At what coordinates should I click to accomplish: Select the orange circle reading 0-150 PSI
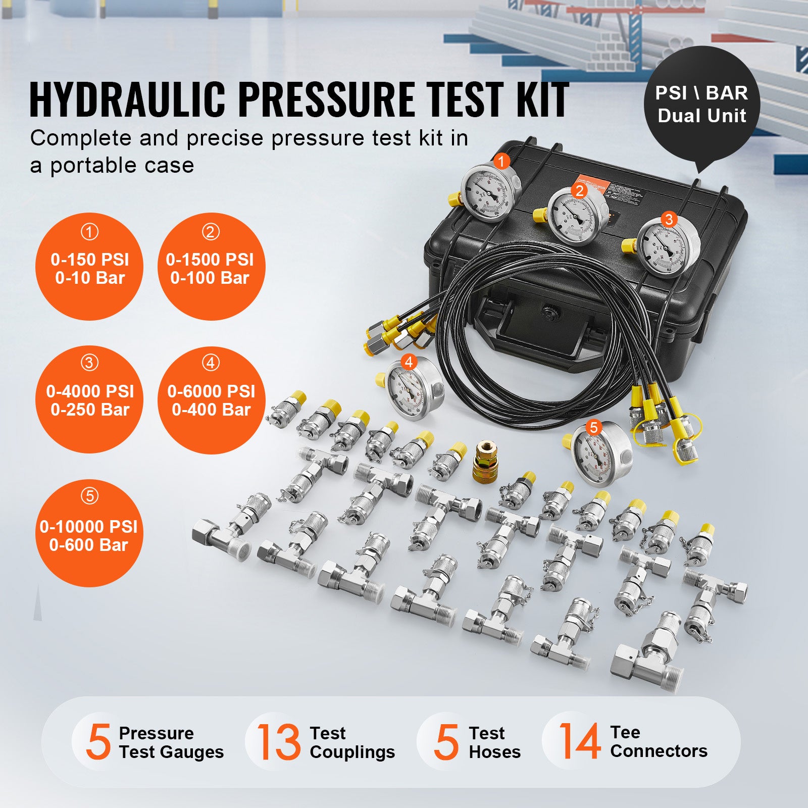[89, 267]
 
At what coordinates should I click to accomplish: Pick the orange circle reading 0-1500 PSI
[211, 267]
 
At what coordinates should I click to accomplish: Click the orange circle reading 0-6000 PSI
[211, 400]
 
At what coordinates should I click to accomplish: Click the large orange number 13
[278, 741]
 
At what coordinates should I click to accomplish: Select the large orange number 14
[579, 741]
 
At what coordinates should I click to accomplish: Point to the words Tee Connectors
[658, 741]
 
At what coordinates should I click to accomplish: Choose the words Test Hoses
[494, 742]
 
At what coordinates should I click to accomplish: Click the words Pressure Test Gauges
[171, 742]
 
